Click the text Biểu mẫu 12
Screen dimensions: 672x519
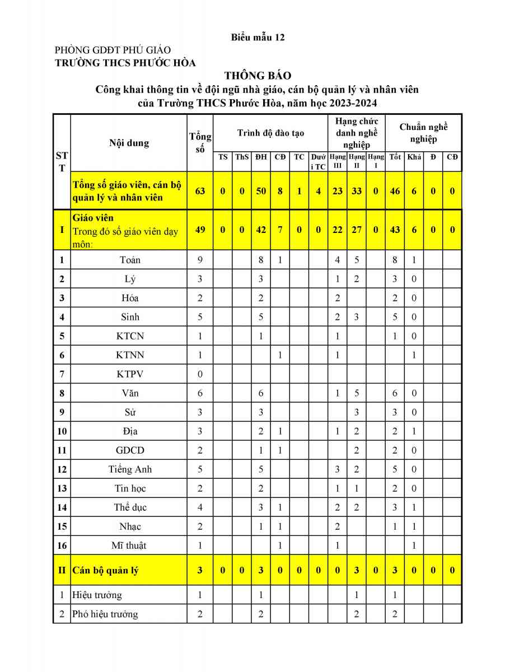pyautogui.click(x=258, y=38)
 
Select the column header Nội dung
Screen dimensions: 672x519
pyautogui.click(x=129, y=143)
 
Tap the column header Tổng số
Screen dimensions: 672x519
pyautogui.click(x=200, y=143)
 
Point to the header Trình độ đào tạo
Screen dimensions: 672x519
pyautogui.click(x=270, y=133)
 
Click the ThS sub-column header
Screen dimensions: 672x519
pyautogui.click(x=242, y=157)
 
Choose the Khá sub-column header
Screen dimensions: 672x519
pyautogui.click(x=414, y=157)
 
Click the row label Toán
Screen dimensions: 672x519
pyautogui.click(x=130, y=260)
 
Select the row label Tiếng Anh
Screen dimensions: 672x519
pyautogui.click(x=130, y=469)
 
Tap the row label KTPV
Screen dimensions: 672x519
pyautogui.click(x=130, y=374)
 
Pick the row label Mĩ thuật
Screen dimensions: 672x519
pyautogui.click(x=130, y=545)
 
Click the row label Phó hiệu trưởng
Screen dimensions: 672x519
pyautogui.click(x=105, y=614)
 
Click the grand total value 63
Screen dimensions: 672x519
pyautogui.click(x=200, y=191)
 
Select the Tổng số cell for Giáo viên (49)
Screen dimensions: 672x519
pyautogui.click(x=200, y=230)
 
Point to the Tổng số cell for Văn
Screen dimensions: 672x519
pyautogui.click(x=200, y=393)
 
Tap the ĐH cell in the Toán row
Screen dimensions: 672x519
pyautogui.click(x=261, y=260)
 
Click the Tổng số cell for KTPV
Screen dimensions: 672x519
pyautogui.click(x=200, y=374)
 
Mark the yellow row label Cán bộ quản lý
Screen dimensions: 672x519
pyautogui.click(x=105, y=571)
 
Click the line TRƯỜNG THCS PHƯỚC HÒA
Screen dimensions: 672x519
pyautogui.click(x=125, y=63)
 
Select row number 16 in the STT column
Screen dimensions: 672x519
pyautogui.click(x=62, y=545)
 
